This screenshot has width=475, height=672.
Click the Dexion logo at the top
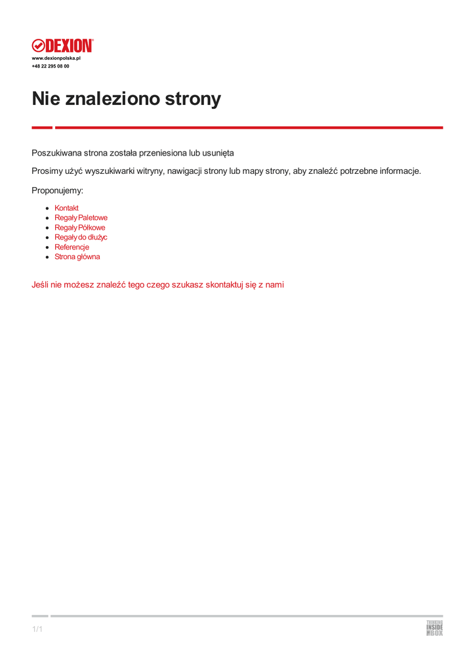coord(63,45)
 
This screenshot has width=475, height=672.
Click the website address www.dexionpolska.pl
coord(56,58)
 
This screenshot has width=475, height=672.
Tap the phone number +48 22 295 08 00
coord(51,66)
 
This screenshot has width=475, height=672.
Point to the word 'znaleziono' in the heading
coord(116,99)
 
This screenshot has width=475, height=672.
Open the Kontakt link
coord(66,208)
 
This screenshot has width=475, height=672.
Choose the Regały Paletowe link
coord(81,218)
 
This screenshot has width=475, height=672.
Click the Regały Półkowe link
coord(79,228)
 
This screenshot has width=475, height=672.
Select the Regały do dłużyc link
coord(81,237)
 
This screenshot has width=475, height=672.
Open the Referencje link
coord(72,247)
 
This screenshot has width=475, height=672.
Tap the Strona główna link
coord(77,257)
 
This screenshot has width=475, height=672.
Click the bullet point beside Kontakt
coord(48,208)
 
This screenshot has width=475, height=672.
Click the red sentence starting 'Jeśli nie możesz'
coord(157,285)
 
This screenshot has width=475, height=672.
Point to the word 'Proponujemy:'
coord(58,190)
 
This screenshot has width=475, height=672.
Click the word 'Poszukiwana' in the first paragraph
coord(56,153)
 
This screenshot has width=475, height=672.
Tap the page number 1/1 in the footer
coord(37,630)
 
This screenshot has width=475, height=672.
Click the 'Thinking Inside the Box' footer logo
coord(434,628)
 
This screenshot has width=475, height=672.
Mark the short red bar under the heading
coord(42,127)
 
